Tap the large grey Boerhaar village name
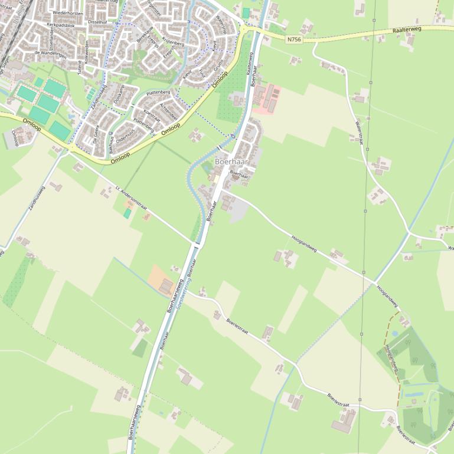coord(231,162)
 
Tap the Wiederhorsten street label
coord(67,12)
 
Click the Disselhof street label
coord(97,22)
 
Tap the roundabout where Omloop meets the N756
coord(243,28)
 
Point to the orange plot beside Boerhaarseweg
coord(161,280)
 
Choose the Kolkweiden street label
coord(86,52)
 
